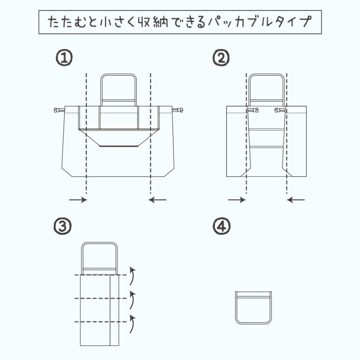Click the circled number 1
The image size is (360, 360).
pyautogui.click(x=64, y=58)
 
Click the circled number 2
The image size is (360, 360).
pyautogui.click(x=221, y=58)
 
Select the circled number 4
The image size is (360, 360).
pyautogui.click(x=221, y=226)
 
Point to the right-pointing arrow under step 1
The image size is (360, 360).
pyautogui.click(x=78, y=200)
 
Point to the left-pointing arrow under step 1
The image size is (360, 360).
pyautogui.click(x=158, y=200)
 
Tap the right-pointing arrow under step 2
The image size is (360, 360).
pyautogui.click(x=236, y=200)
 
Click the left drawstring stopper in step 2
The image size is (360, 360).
pyautogui.click(x=252, y=109)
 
